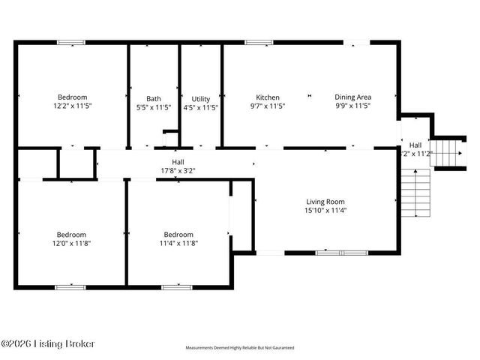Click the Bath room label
pos(153,98)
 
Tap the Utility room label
pos(201,98)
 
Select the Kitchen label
pos(268,97)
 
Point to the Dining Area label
pos(353,97)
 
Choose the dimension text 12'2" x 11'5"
pos(73,106)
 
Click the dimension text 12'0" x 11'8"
pos(73,242)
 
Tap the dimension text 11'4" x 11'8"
pos(178,242)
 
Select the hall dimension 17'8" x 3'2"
pos(178,170)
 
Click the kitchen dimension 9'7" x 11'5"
pos(268,106)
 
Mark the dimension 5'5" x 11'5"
pos(153,107)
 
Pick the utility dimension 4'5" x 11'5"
pos(201,107)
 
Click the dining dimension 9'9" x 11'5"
pos(353,106)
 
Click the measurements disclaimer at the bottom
pos(240,348)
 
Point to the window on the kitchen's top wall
pos(259,42)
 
